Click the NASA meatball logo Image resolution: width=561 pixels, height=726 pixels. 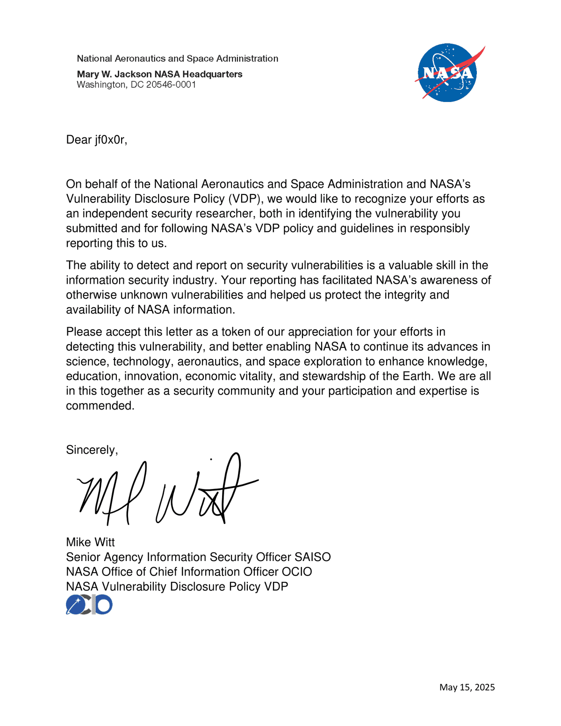[447, 73]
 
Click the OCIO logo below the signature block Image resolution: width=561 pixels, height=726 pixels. [89, 604]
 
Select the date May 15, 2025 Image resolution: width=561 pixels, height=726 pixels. [467, 687]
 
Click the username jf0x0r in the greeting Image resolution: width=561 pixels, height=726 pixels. [110, 140]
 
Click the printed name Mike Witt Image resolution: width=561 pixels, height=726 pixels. [90, 542]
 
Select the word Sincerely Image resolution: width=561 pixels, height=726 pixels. [91, 450]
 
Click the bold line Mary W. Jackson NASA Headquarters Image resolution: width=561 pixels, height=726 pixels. [159, 74]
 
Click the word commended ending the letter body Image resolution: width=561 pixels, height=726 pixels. [100, 406]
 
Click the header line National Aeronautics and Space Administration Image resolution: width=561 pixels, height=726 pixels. [177, 58]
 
